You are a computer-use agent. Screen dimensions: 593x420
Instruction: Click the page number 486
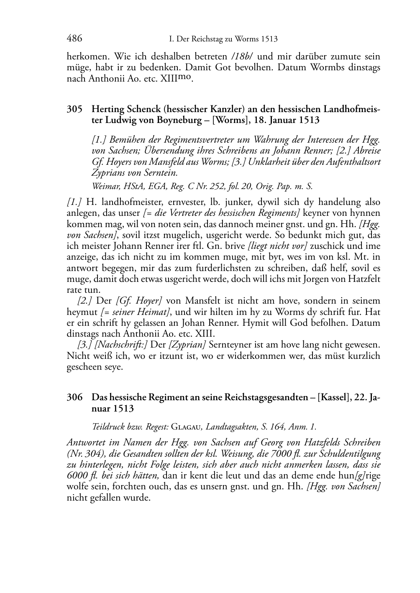pyautogui.click(x=74, y=39)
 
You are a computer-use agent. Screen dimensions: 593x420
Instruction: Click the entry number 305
pyautogui.click(x=74, y=110)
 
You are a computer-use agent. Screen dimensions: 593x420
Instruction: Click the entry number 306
pyautogui.click(x=74, y=397)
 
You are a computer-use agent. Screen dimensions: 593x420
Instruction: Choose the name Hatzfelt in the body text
pyautogui.click(x=364, y=279)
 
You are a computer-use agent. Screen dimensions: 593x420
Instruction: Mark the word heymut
pyautogui.click(x=80, y=312)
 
